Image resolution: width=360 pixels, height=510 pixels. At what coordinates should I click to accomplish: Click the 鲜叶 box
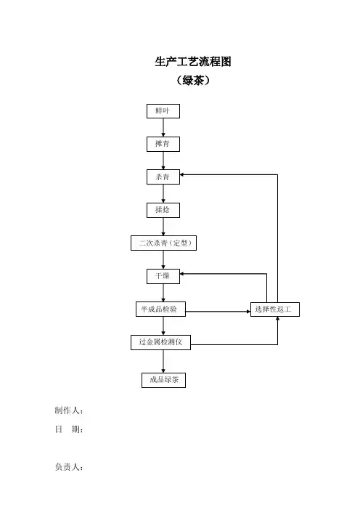(x=163, y=111)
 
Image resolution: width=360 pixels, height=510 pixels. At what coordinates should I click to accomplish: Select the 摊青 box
(x=163, y=144)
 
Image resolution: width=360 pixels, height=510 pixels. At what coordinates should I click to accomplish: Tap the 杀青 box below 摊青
(x=163, y=177)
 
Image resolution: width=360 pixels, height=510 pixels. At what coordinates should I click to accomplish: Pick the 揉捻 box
(x=163, y=210)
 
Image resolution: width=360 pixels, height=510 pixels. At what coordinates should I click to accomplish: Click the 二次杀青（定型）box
(x=163, y=243)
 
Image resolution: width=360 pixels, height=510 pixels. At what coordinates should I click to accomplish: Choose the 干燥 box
(x=163, y=276)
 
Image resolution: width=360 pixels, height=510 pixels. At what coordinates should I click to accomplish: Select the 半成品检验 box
(x=160, y=309)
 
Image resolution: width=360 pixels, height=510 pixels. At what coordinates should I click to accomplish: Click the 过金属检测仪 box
(x=160, y=342)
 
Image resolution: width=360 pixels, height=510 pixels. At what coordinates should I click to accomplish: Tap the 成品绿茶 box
(x=163, y=380)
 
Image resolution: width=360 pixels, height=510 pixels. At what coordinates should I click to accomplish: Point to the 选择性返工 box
(x=275, y=309)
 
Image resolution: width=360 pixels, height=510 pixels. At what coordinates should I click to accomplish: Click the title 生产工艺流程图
(x=193, y=62)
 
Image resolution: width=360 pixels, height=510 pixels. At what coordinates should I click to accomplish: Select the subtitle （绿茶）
(x=193, y=81)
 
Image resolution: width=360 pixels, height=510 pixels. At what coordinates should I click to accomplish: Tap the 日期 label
(x=69, y=429)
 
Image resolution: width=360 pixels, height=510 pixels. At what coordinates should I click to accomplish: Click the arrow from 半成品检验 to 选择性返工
(x=218, y=312)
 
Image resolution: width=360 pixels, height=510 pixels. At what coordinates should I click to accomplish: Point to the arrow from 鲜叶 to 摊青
(x=163, y=128)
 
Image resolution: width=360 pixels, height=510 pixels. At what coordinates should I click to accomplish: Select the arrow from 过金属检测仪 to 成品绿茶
(x=163, y=361)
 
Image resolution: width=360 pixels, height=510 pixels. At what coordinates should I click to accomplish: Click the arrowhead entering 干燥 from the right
(x=182, y=274)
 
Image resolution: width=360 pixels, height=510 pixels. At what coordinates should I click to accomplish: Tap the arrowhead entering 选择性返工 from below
(x=277, y=319)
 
